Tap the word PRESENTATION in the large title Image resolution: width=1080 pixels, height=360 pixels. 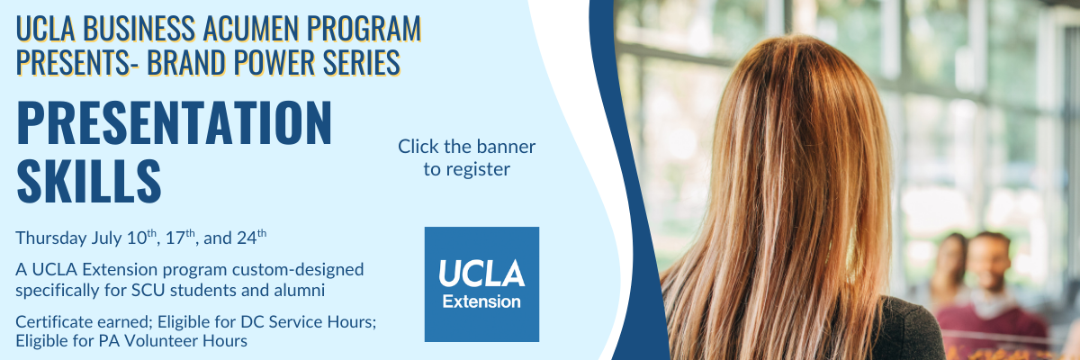point(175,122)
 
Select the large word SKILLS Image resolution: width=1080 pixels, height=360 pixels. point(89,181)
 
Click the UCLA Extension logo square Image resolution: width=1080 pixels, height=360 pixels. point(481,284)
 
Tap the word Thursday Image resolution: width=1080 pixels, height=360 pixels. point(51,238)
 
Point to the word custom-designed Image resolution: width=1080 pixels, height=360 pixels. point(298,270)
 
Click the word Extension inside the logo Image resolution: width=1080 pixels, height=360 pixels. point(481,301)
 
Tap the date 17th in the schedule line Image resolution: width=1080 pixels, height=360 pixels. point(180,237)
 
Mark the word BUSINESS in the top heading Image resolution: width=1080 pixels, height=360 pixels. point(139,29)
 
